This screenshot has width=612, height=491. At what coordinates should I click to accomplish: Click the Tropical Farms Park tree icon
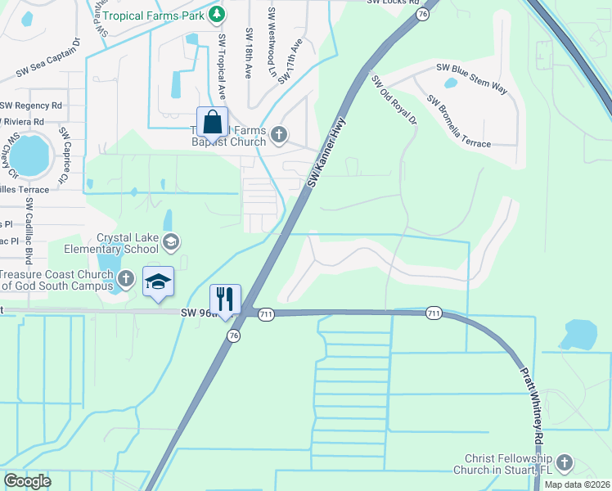click(216, 14)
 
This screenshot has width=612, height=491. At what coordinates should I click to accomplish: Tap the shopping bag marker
click(212, 122)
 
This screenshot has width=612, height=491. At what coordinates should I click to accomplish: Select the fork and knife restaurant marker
click(225, 299)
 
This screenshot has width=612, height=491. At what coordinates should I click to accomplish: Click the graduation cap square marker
click(158, 282)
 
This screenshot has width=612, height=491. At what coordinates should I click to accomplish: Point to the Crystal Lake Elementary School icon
click(171, 241)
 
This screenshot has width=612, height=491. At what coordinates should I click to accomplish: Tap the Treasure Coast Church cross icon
click(125, 279)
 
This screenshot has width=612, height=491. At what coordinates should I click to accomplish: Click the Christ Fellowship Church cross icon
click(565, 464)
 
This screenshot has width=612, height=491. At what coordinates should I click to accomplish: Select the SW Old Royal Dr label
click(394, 101)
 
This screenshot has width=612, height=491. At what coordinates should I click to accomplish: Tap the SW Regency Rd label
click(32, 106)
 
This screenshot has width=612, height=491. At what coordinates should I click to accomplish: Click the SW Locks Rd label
click(394, 2)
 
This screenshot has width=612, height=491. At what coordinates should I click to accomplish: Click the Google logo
click(27, 481)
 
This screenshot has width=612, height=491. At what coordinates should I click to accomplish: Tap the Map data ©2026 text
click(577, 484)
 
